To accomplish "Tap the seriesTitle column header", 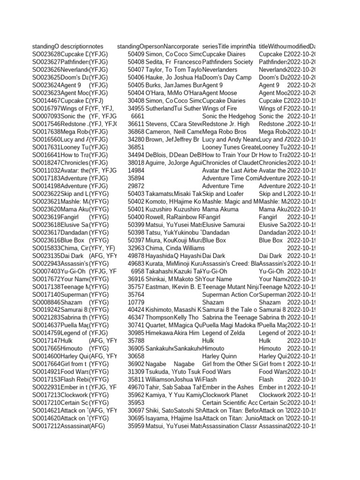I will click(x=217, y=46).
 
